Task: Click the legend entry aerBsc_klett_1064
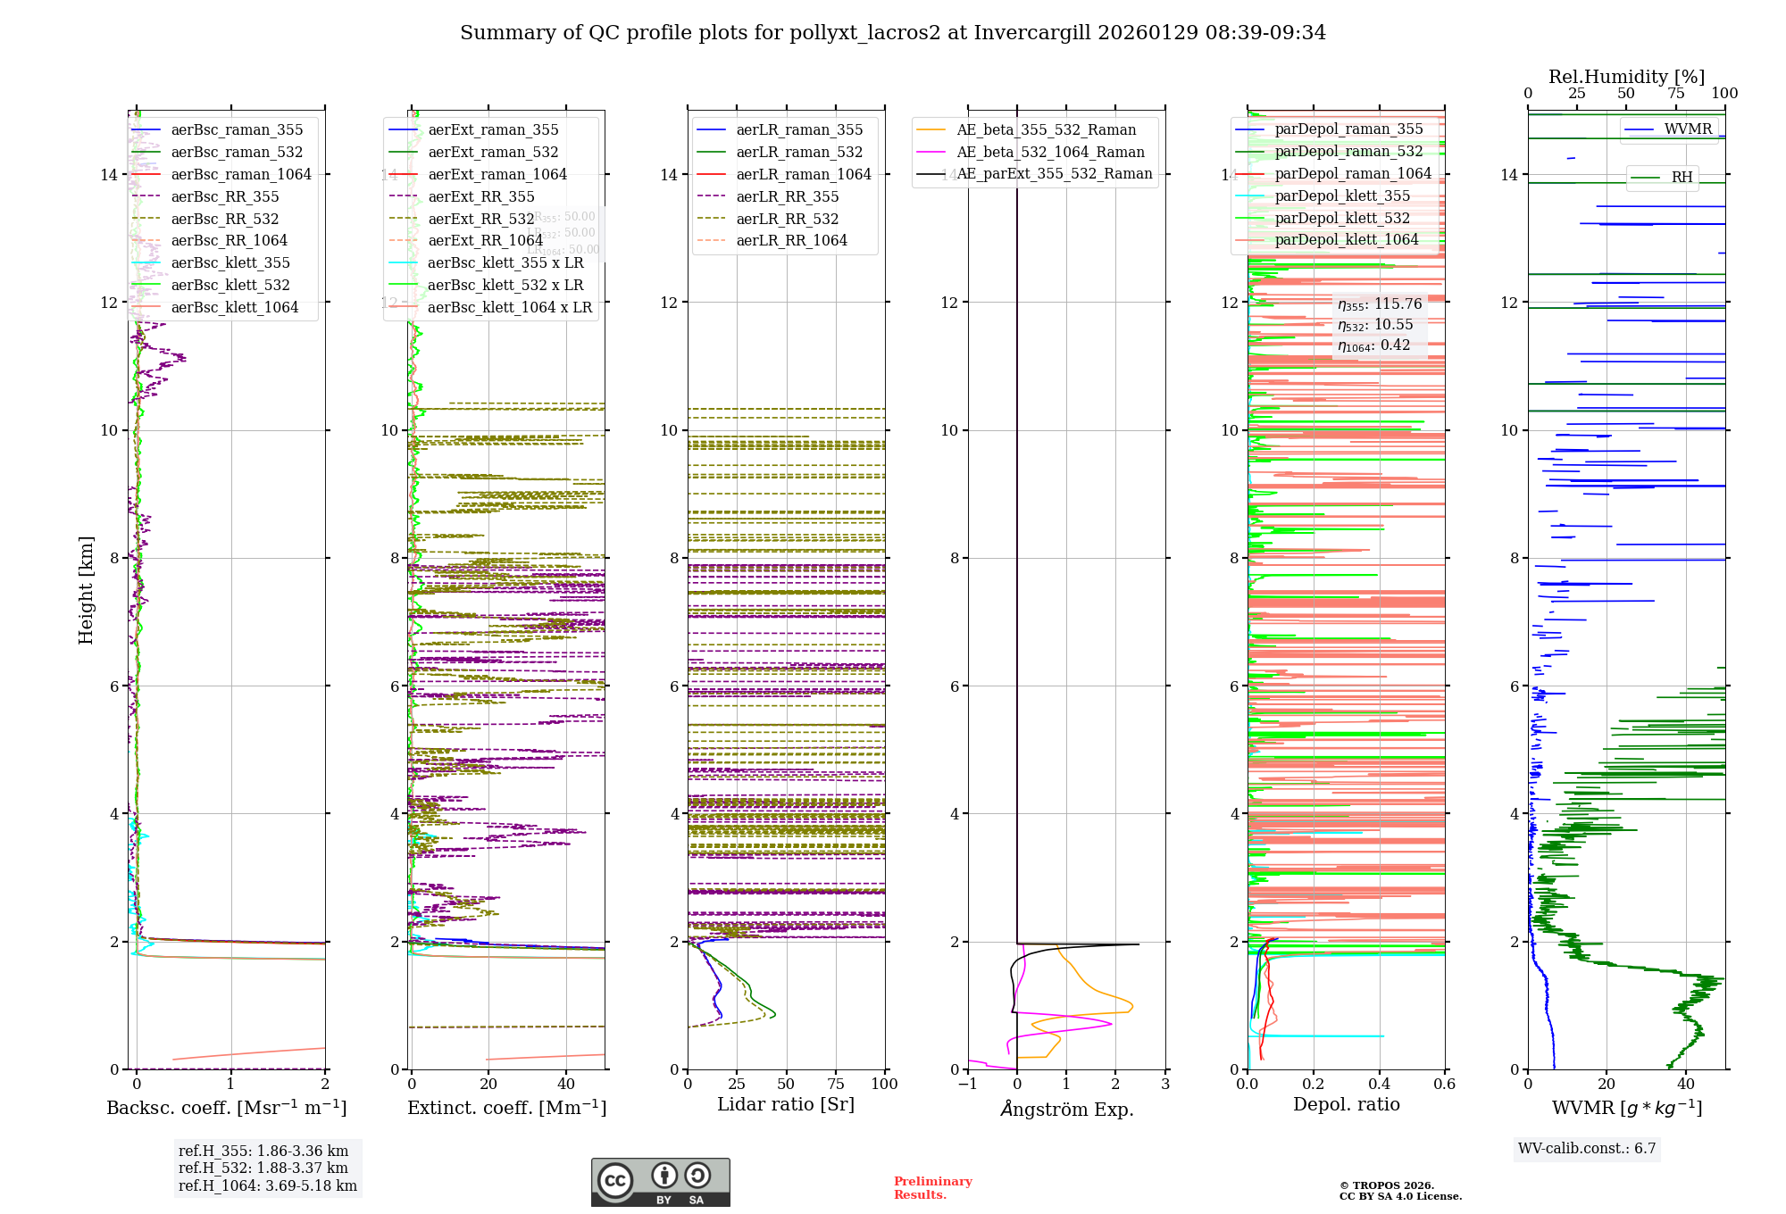(x=234, y=307)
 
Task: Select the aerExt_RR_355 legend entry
(x=480, y=196)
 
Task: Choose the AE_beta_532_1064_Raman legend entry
(x=1049, y=152)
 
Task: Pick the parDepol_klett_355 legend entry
(x=1341, y=195)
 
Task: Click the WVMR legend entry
(x=1687, y=129)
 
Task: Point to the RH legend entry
(x=1682, y=177)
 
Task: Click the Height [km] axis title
(x=86, y=590)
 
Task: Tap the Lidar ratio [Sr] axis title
(x=786, y=1104)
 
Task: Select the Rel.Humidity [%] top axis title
(x=1626, y=77)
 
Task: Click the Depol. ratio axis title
(x=1346, y=1104)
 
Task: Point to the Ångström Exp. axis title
(x=1066, y=1109)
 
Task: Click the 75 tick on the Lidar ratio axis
(x=836, y=1084)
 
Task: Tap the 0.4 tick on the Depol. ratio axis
(x=1379, y=1084)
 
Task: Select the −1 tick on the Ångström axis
(x=967, y=1084)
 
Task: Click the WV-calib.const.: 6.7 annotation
(x=1587, y=1148)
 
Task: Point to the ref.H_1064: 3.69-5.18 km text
(x=267, y=1185)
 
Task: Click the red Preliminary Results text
(x=932, y=1188)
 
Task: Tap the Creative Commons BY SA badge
(x=660, y=1182)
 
